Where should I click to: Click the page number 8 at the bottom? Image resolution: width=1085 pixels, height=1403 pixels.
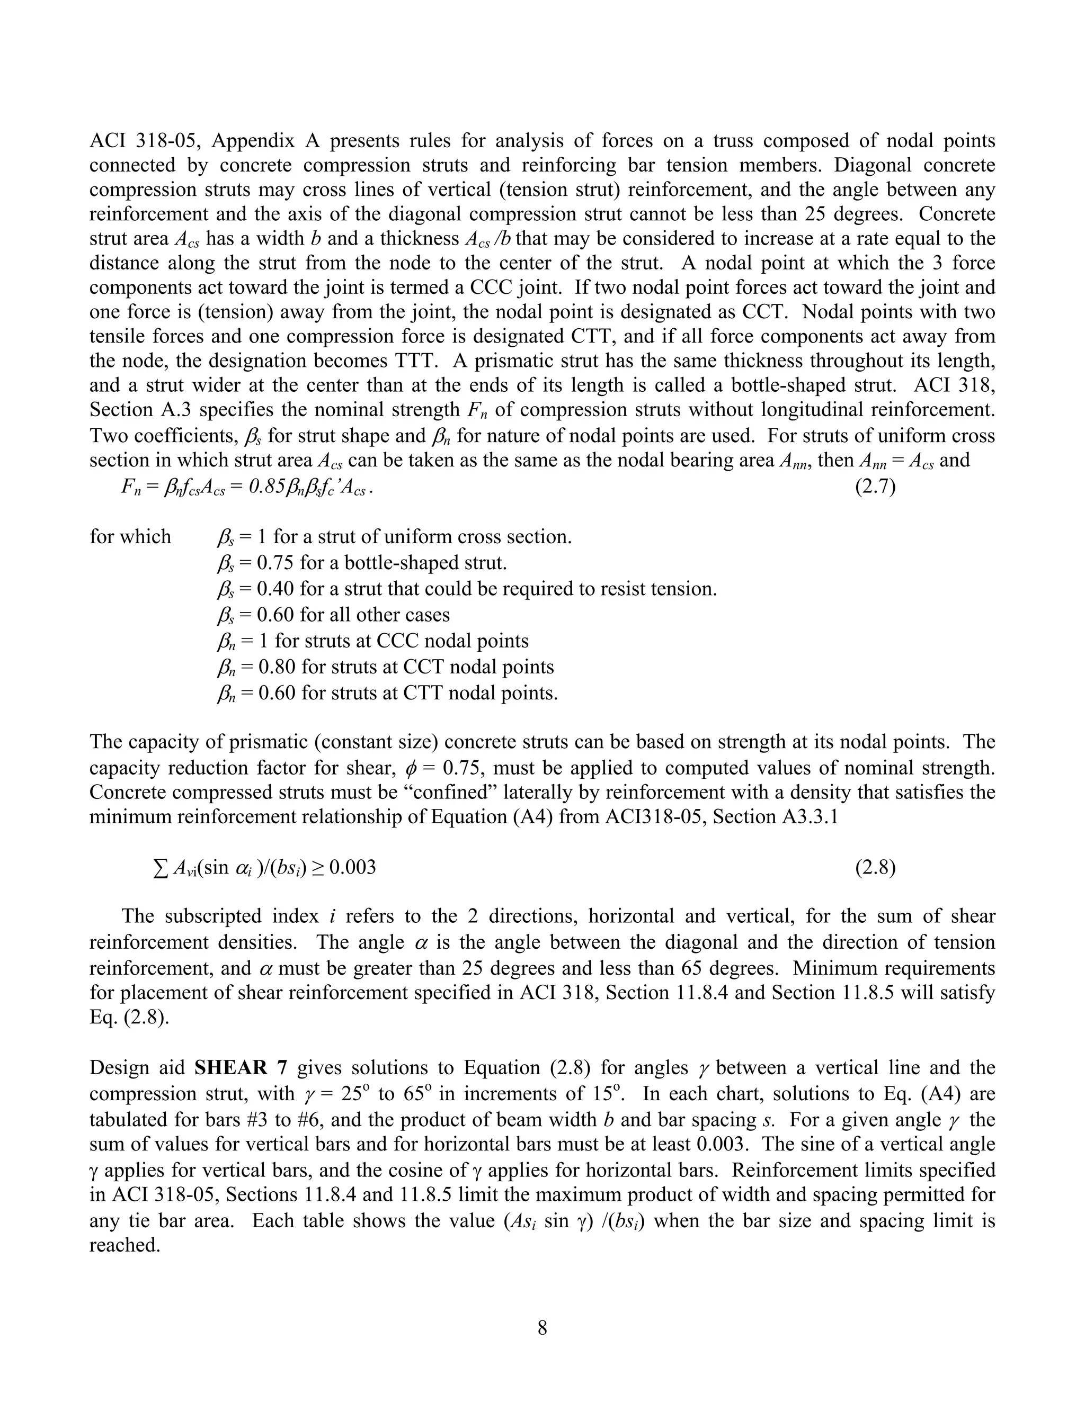pyautogui.click(x=542, y=1328)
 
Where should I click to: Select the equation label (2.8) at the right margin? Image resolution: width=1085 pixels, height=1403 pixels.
pyautogui.click(x=875, y=868)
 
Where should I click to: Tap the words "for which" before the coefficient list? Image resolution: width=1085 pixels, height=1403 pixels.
pyautogui.click(x=130, y=536)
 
